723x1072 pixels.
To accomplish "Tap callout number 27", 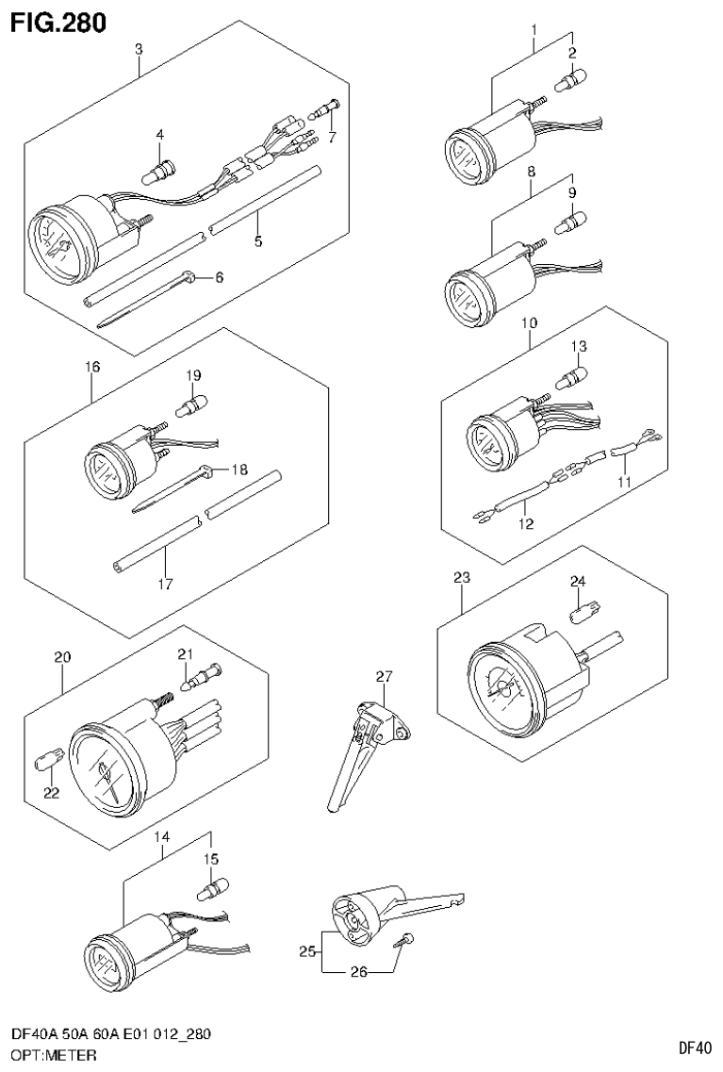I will [382, 676].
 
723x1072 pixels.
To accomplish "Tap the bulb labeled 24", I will [583, 615].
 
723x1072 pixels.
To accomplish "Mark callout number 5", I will [257, 241].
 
